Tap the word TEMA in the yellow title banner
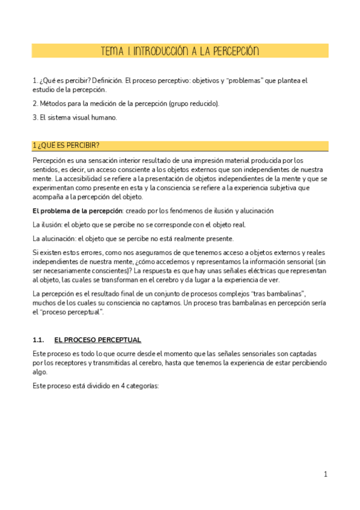pos(112,51)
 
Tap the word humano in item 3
pos(104,117)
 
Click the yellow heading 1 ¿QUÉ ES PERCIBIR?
pos(66,146)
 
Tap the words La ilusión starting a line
pos(47,224)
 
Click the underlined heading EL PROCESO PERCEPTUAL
pos(97,340)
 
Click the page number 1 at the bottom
pos(325,475)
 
